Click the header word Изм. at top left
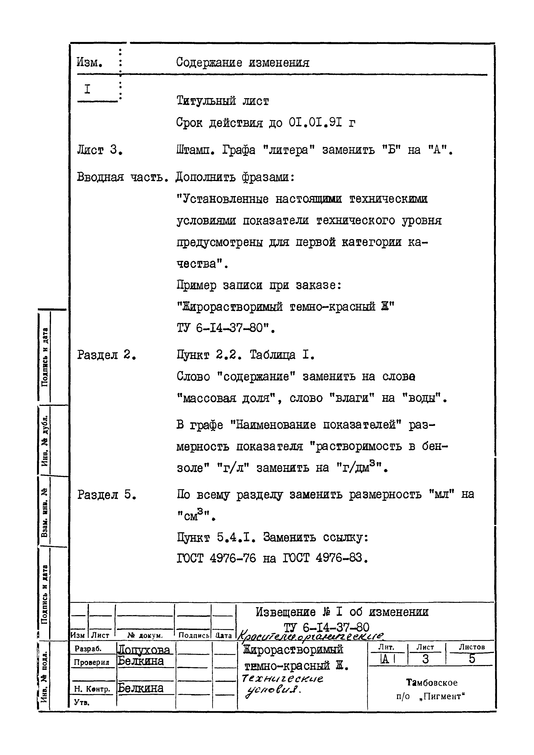tap(90, 62)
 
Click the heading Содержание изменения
tap(242, 62)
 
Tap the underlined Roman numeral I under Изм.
tap(87, 90)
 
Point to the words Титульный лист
tap(223, 101)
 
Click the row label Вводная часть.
tap(122, 178)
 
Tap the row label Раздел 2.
tap(106, 355)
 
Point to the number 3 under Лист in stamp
tap(426, 659)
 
